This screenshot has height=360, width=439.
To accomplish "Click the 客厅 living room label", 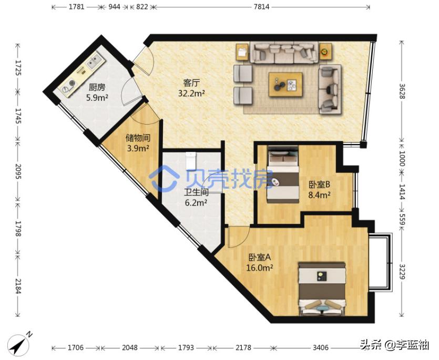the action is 191,83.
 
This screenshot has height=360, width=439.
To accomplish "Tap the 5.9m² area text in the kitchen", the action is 97,98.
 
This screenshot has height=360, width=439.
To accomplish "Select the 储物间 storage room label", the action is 138,138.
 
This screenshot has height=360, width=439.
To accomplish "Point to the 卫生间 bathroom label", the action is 196,192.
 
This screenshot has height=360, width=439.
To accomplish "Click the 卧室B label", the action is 320,184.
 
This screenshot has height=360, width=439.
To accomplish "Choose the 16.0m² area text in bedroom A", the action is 260,268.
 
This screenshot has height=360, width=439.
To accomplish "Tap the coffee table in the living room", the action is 285,85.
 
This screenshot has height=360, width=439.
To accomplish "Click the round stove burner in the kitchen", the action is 72,83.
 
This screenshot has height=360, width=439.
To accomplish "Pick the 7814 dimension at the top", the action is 261,7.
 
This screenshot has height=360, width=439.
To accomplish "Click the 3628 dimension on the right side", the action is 402,91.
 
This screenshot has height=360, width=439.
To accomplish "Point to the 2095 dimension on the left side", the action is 18,171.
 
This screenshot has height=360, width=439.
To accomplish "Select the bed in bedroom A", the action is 321,289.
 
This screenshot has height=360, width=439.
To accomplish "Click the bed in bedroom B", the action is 282,174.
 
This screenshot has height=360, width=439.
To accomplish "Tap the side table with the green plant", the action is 325,52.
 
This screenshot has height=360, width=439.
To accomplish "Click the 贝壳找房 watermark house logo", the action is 164,178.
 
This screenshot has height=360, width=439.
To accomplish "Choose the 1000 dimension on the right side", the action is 402,158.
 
